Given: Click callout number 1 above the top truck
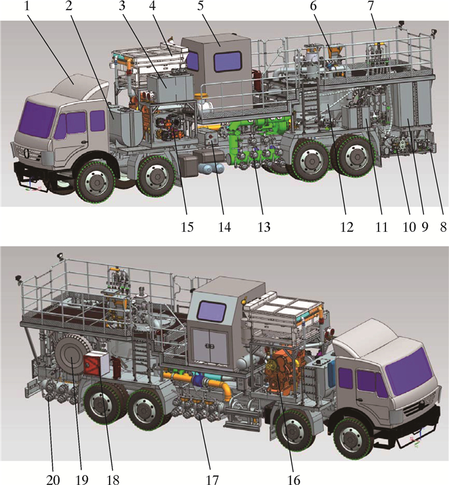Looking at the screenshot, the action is [x=27, y=6].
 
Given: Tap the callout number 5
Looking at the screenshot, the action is [x=201, y=6].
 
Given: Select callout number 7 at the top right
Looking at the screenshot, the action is [x=371, y=6].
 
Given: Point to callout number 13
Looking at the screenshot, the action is [x=264, y=227].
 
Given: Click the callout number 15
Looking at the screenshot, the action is [x=187, y=227].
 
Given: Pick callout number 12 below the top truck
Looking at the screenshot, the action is [x=347, y=227].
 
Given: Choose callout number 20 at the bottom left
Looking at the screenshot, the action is [x=53, y=479].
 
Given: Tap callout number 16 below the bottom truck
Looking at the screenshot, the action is [x=294, y=479].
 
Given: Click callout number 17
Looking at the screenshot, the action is [x=212, y=479].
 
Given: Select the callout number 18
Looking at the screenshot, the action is [x=113, y=479].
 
